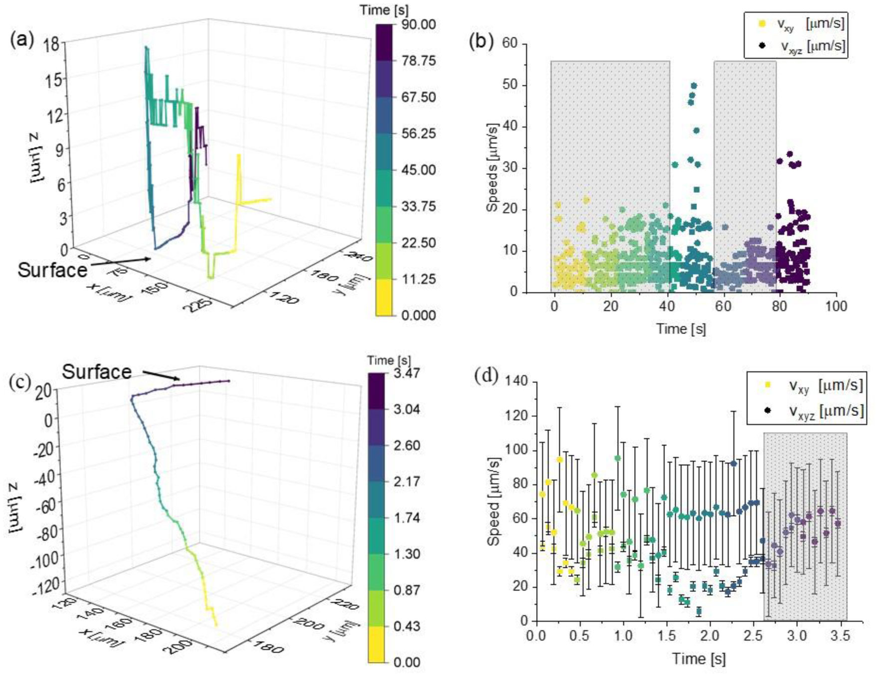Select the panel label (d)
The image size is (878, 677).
(x=486, y=376)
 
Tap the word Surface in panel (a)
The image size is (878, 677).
(x=52, y=271)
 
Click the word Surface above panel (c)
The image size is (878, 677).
(x=97, y=372)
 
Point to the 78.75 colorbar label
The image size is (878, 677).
(x=418, y=61)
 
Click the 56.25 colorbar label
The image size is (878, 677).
(x=418, y=134)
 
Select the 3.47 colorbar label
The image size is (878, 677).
(x=406, y=373)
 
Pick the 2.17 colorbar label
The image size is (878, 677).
(x=406, y=482)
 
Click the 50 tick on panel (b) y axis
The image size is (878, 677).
(x=509, y=85)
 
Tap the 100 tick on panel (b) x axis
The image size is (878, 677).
(x=836, y=306)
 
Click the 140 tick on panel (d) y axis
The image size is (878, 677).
(x=516, y=382)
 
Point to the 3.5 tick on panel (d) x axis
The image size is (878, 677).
(x=840, y=636)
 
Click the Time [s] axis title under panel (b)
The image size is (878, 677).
(x=681, y=329)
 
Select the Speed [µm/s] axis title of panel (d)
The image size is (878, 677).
(x=494, y=501)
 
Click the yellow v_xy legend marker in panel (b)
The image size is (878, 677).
(x=762, y=23)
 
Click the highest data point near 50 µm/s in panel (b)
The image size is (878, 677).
(x=694, y=86)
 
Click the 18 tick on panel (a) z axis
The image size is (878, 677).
(x=51, y=44)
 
